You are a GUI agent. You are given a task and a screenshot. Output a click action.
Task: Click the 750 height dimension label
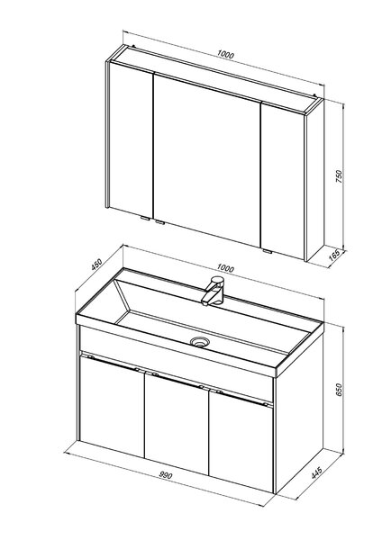pyautogui.click(x=340, y=175)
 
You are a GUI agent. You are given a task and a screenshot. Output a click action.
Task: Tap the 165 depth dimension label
pyautogui.click(x=334, y=256)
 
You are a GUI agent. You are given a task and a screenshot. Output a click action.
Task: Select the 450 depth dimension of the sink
pyautogui.click(x=96, y=264)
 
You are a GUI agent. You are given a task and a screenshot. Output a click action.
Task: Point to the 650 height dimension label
pyautogui.click(x=340, y=389)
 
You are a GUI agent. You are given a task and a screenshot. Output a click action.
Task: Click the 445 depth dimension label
pyautogui.click(x=316, y=472)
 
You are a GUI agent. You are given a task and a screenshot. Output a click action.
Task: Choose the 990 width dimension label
pyautogui.click(x=166, y=475)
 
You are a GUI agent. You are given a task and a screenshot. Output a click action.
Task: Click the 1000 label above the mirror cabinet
pyautogui.click(x=225, y=54)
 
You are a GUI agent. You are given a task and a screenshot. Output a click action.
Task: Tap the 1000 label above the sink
pyautogui.click(x=225, y=268)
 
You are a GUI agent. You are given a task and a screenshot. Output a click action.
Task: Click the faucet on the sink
pyautogui.click(x=213, y=291)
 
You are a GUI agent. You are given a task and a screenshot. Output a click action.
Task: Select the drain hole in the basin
pyautogui.click(x=200, y=341)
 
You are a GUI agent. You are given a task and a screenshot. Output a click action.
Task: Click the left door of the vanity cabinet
pyautogui.click(x=112, y=407)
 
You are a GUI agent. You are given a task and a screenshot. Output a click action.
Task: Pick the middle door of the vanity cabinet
pyautogui.click(x=177, y=424)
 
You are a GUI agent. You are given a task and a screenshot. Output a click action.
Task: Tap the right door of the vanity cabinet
pyautogui.click(x=241, y=442)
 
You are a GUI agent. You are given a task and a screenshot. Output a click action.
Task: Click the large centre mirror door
pyautogui.click(x=207, y=160)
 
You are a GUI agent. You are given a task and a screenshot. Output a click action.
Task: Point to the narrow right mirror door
pyautogui.click(x=283, y=181)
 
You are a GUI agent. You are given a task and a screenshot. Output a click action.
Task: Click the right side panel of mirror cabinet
pyautogui.click(x=315, y=179)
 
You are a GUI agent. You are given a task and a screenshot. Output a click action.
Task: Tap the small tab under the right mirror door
pyautogui.click(x=268, y=251)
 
